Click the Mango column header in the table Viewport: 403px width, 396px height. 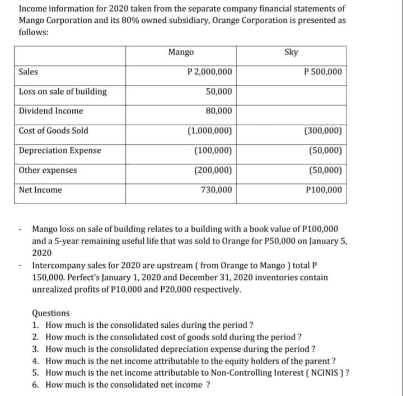[x=181, y=52]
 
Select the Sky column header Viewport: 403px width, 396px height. [x=291, y=52]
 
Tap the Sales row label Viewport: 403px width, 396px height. [x=29, y=72]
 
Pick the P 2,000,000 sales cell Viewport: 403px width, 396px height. [x=209, y=72]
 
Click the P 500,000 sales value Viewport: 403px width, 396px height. [x=322, y=72]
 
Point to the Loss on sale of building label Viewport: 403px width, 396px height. [x=63, y=92]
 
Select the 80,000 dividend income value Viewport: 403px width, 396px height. [x=219, y=111]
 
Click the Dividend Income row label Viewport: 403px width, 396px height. [x=51, y=111]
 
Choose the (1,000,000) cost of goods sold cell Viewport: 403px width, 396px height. [x=210, y=131]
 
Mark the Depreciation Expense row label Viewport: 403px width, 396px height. [x=60, y=150]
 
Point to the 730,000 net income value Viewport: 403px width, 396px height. [x=217, y=190]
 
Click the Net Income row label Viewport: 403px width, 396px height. [x=40, y=190]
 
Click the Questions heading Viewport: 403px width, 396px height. [x=51, y=313]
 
